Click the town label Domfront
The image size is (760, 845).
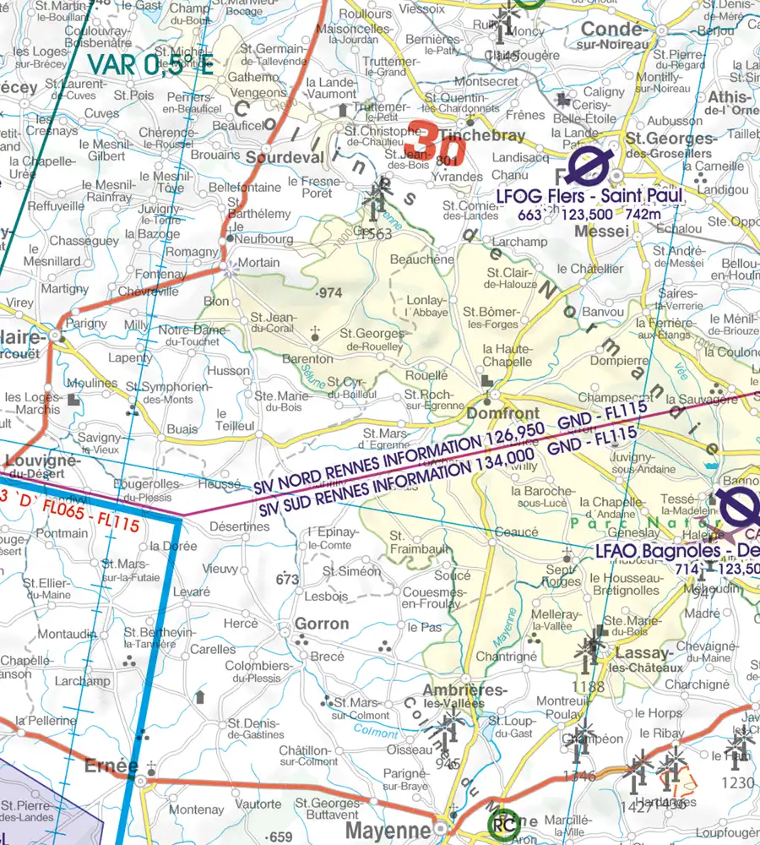502,414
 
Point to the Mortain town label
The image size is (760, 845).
258,263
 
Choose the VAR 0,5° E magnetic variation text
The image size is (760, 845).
150,65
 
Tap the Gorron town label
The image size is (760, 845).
322,624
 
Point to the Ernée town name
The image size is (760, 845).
111,766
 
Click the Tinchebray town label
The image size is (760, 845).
470,135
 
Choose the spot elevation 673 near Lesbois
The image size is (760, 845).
288,579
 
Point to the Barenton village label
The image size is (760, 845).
307,359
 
